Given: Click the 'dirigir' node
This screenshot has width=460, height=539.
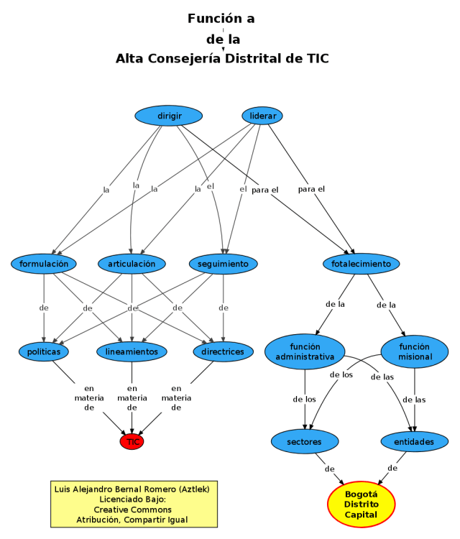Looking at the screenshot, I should pos(169,115).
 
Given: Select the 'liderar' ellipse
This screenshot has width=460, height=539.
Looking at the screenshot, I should pos(262,115).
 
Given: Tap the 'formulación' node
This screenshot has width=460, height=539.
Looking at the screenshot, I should pos(44,264).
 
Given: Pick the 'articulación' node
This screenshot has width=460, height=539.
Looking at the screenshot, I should pos(132,264).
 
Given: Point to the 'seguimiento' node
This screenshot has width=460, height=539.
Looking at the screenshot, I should pos(223,264).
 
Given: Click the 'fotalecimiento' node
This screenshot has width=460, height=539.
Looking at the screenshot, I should pos(361,264).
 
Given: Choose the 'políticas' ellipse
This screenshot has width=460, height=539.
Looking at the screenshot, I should pos(44,351).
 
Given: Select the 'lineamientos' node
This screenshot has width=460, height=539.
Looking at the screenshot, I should pos(132,351).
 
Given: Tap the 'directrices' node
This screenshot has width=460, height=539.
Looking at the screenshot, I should pos(223,351).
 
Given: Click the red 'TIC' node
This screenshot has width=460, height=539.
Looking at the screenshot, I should pos(132,441).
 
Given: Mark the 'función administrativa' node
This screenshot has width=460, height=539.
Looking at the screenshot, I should pos(305,351).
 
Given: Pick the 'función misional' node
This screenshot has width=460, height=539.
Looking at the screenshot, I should pos(415,351).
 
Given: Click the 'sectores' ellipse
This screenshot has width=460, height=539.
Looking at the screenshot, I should pos(305,441).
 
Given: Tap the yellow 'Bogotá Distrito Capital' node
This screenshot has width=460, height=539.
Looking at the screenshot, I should pos(361,505).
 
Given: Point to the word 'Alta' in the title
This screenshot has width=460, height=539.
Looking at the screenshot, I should pos(131,59).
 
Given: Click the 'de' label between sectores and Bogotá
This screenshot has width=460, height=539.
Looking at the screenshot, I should pos(330,469).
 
